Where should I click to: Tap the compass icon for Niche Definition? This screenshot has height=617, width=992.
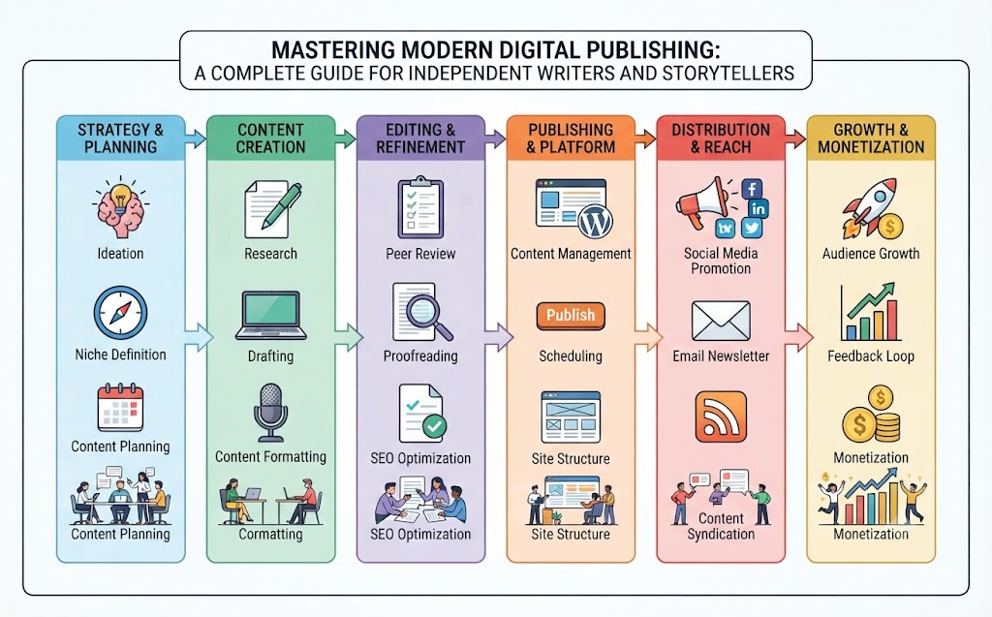(x=120, y=313)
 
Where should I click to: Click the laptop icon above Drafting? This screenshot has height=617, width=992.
(x=271, y=316)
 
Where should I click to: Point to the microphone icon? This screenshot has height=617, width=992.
(x=271, y=412)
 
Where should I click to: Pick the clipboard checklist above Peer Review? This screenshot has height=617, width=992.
(x=420, y=207)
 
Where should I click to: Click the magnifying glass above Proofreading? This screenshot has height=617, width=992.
(x=429, y=318)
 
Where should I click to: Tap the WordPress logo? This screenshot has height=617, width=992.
(x=596, y=222)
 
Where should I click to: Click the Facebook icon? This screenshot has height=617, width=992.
(x=751, y=189)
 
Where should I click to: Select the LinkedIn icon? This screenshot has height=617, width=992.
(x=758, y=208)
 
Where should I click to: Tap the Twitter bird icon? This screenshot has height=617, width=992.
(x=752, y=228)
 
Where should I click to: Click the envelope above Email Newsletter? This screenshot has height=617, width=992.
(x=721, y=321)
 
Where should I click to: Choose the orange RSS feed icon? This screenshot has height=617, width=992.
(x=721, y=416)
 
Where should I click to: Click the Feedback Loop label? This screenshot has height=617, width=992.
(x=871, y=356)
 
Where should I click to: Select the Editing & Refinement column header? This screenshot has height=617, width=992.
(x=420, y=138)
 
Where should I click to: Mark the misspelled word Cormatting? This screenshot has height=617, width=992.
(x=271, y=534)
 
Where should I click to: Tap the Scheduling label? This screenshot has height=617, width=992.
(x=571, y=356)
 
